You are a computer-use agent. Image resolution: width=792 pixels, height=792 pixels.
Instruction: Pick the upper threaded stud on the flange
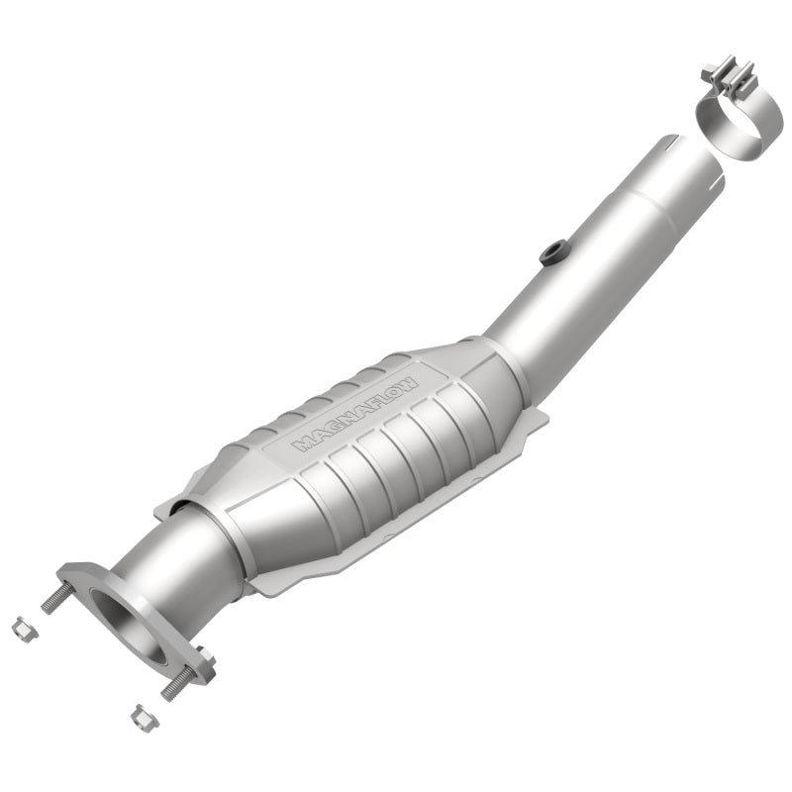(54, 598)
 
